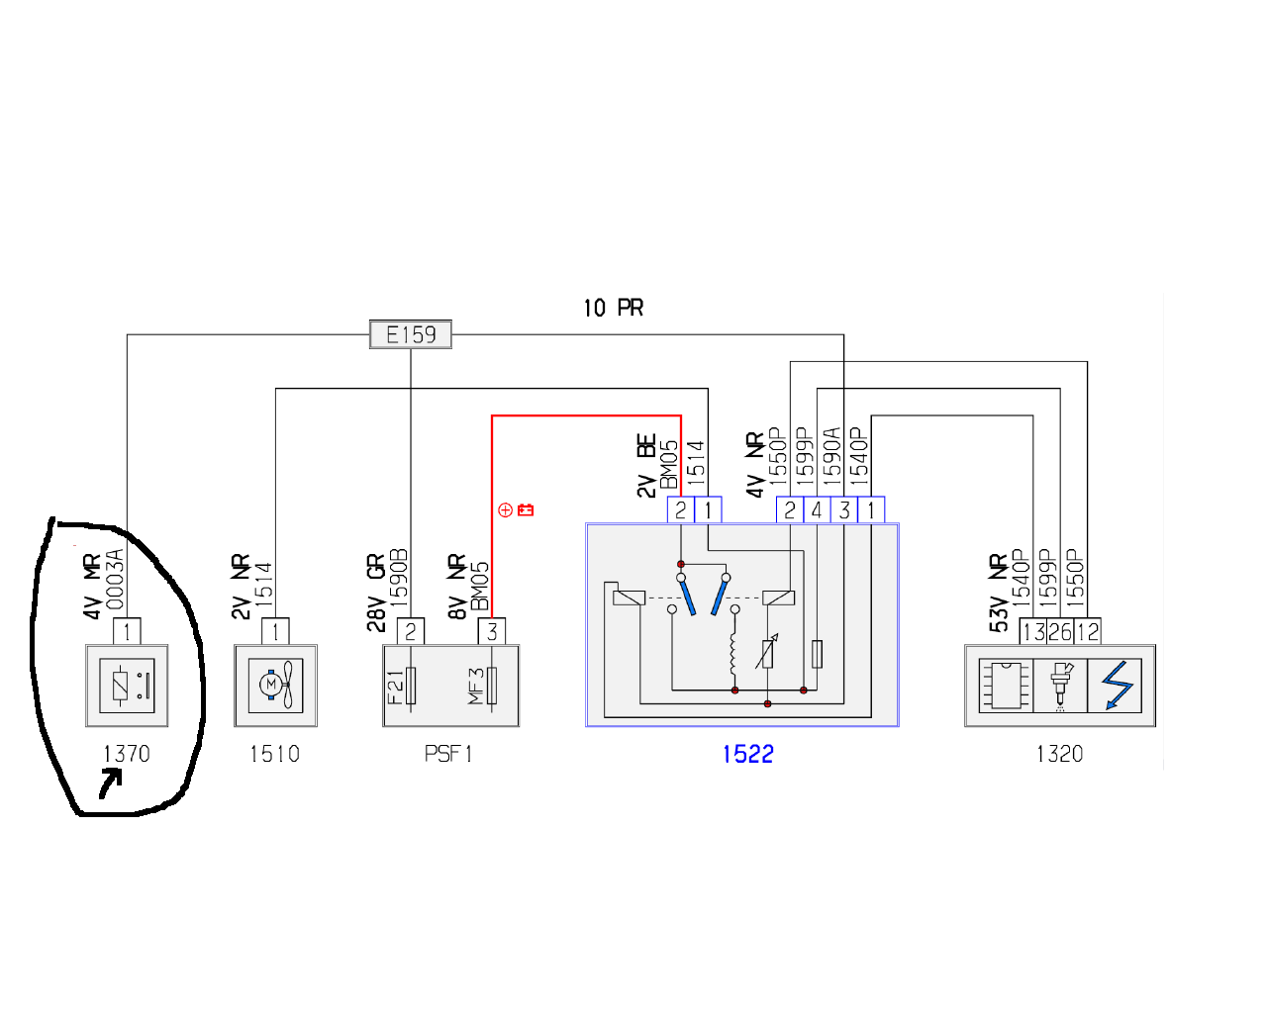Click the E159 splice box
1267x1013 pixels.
tap(411, 334)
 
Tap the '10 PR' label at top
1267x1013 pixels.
tap(613, 308)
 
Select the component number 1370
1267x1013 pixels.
tap(127, 754)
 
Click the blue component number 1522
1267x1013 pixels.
tap(747, 754)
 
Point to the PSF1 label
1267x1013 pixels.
tap(448, 754)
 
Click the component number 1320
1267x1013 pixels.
tap(1059, 754)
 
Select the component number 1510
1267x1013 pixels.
tap(275, 754)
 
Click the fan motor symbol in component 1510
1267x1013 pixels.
tap(275, 686)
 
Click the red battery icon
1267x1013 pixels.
tap(526, 509)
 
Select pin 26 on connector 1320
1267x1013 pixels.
tap(1060, 632)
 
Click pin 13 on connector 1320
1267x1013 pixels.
tap(1033, 632)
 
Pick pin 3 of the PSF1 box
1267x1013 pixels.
tap(492, 632)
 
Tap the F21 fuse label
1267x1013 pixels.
tap(396, 688)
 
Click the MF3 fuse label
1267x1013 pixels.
tap(476, 687)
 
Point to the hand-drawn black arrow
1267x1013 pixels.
tap(111, 784)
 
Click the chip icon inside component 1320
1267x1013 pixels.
tap(1007, 686)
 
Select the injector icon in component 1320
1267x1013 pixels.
tap(1060, 685)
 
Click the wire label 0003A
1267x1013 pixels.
tap(116, 579)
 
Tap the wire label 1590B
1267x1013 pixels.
tap(399, 578)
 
